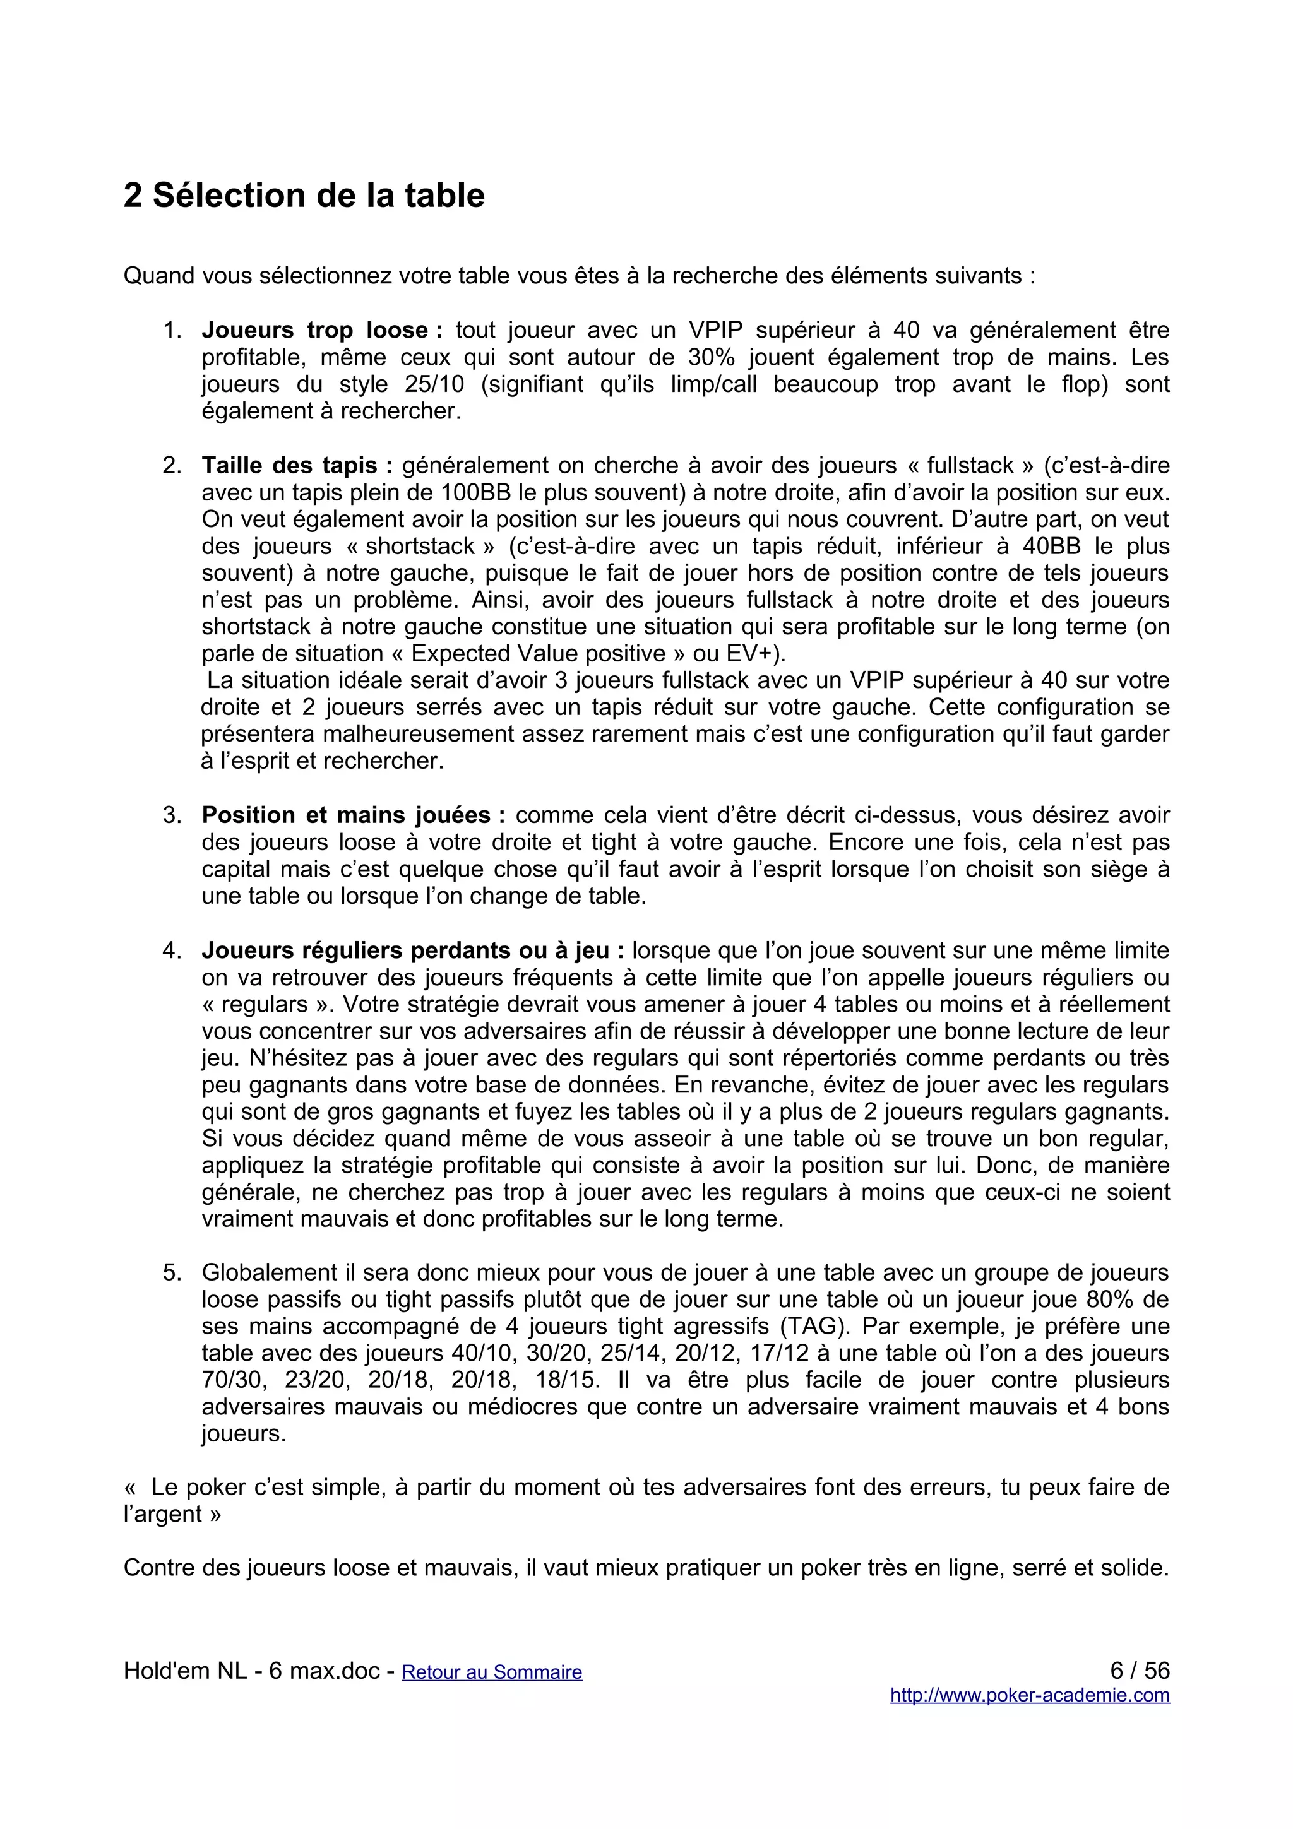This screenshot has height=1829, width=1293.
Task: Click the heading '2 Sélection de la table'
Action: (304, 196)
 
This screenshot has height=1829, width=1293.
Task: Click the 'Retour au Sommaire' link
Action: (492, 1671)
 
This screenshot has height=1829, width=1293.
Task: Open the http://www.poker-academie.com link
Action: (1029, 1695)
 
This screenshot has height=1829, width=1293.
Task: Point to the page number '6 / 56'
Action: (1139, 1670)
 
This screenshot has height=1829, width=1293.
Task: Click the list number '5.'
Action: (172, 1273)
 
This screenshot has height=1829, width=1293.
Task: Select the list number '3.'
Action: (172, 815)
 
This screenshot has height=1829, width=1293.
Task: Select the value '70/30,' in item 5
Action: (231, 1380)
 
